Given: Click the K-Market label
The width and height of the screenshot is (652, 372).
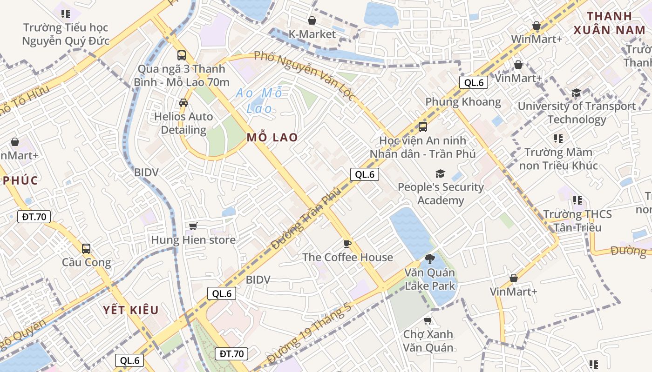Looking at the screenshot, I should [x=312, y=34].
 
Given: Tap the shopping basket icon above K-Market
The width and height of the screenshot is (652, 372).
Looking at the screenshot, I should [x=312, y=20].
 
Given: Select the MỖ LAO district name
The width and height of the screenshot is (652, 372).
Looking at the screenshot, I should [x=272, y=138].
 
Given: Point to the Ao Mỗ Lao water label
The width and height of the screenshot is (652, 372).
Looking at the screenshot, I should [x=259, y=100].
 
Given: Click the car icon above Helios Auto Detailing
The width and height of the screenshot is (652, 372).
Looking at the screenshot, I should [x=183, y=103].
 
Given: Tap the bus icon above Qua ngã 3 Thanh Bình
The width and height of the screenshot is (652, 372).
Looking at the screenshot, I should [x=182, y=55].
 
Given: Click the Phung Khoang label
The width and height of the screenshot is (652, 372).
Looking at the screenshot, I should [x=463, y=102].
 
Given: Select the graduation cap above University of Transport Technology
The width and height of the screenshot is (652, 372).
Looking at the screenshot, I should [x=577, y=93].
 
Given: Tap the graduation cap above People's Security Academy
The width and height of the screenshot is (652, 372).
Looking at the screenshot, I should [x=440, y=174].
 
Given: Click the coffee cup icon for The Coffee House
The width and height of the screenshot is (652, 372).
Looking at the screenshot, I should [x=347, y=244].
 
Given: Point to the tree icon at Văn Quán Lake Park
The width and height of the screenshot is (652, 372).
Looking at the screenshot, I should [x=429, y=259].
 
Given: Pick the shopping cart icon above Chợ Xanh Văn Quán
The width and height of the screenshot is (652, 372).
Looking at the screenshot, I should [x=428, y=320].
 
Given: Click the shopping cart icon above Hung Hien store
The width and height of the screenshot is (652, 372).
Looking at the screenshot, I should [x=193, y=226].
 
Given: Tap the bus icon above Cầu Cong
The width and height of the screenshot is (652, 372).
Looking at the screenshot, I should [x=86, y=248].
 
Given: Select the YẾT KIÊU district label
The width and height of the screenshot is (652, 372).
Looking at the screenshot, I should [x=131, y=310].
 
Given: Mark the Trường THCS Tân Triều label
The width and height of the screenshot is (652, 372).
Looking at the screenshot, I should [x=577, y=221].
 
